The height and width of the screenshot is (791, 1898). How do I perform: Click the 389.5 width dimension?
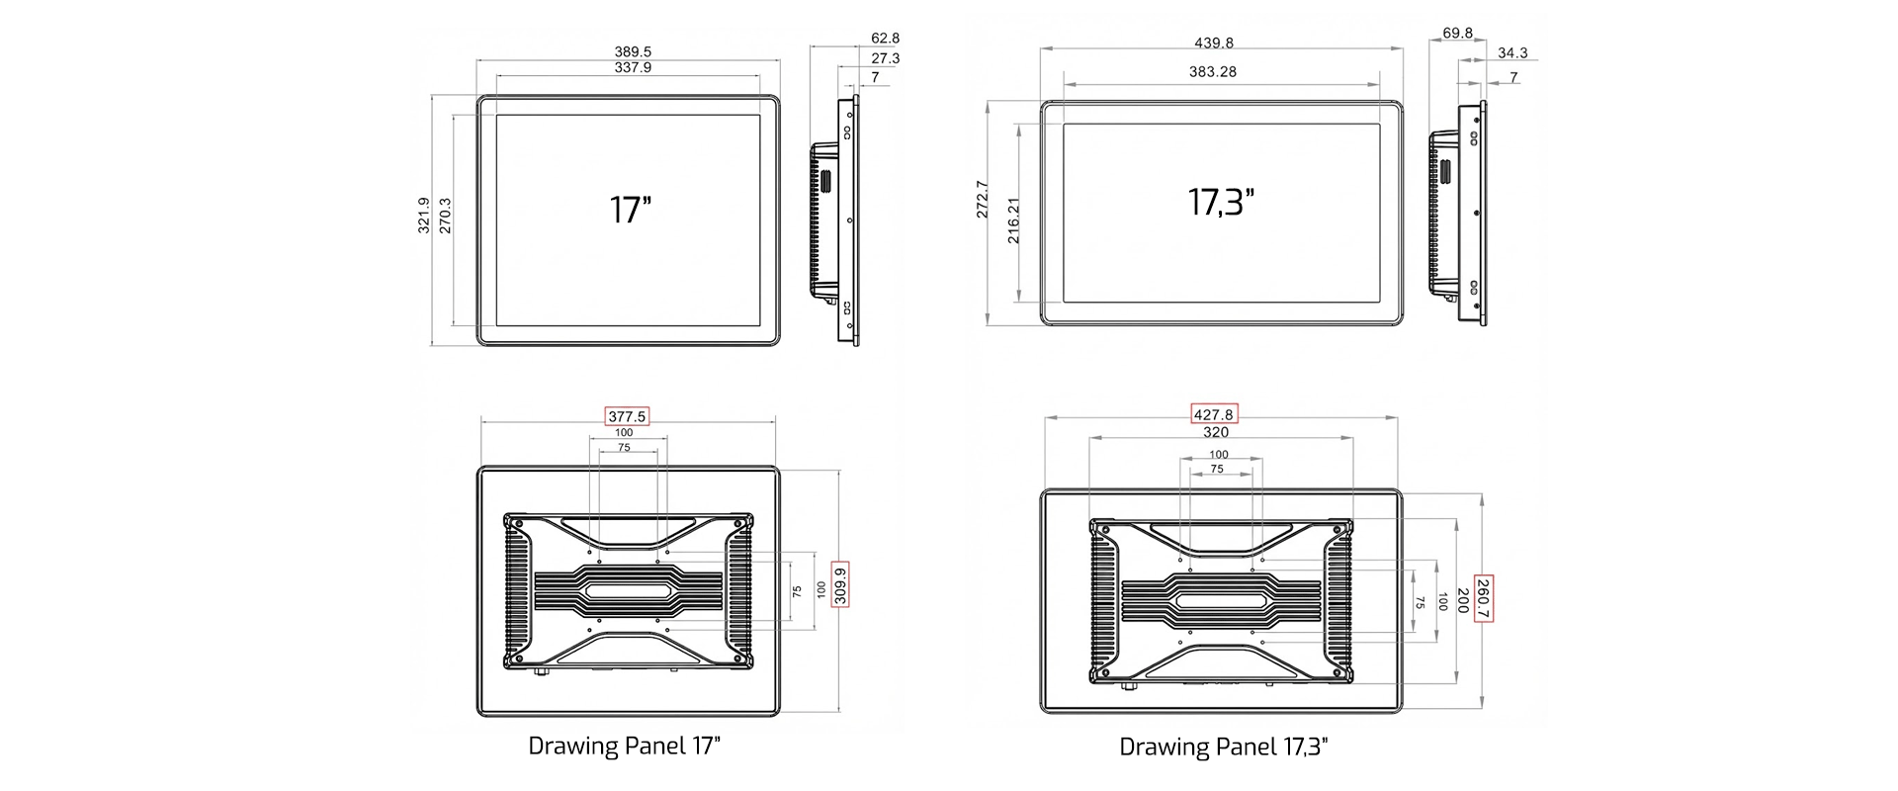click(x=633, y=51)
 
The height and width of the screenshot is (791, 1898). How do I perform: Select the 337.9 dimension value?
click(x=633, y=67)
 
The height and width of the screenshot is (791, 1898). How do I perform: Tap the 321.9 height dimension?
click(x=424, y=215)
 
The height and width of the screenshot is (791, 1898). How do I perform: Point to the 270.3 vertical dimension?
click(x=445, y=216)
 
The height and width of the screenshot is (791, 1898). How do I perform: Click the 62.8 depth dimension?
click(x=885, y=38)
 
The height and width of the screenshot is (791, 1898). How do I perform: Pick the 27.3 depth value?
click(x=885, y=57)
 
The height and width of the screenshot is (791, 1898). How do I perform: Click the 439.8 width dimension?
click(x=1214, y=43)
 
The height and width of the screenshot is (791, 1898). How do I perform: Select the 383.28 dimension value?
click(x=1213, y=71)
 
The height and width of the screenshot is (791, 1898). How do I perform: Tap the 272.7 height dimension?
click(x=982, y=199)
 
